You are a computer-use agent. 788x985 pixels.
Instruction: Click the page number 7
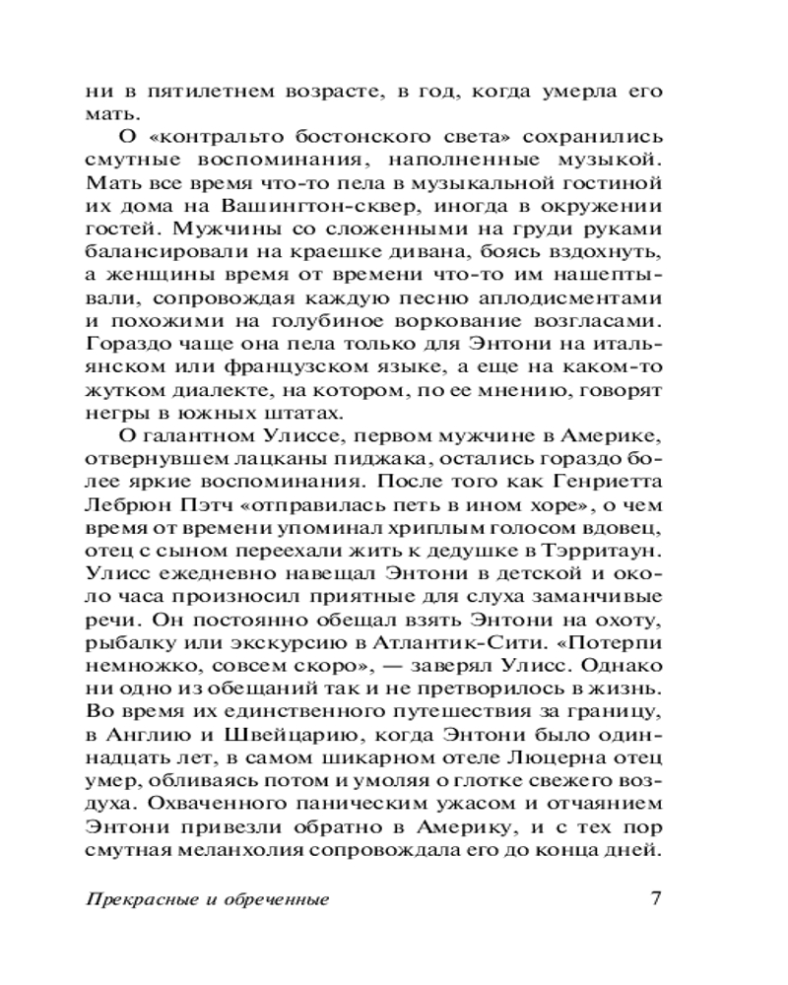pyautogui.click(x=657, y=898)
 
